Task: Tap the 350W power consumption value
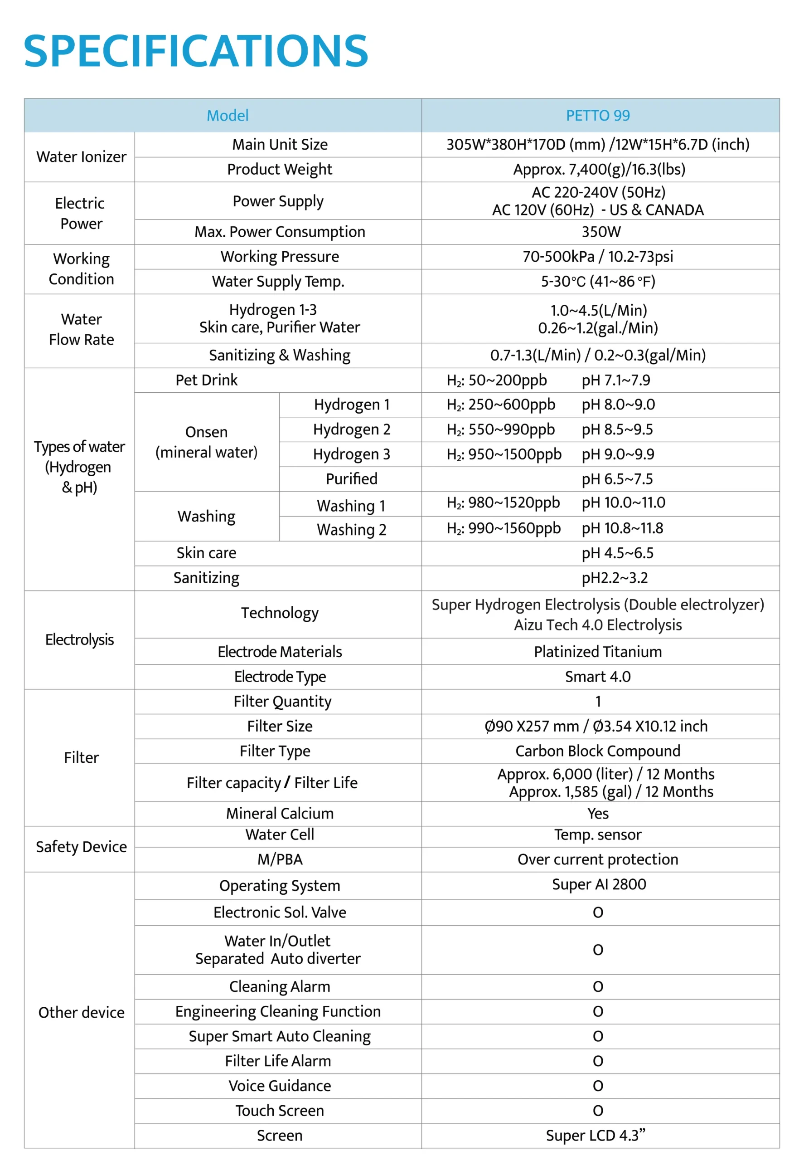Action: click(x=601, y=232)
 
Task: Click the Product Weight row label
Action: click(x=279, y=169)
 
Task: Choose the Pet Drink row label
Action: click(x=206, y=380)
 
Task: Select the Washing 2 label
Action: click(x=351, y=529)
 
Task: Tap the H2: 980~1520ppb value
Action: click(x=503, y=503)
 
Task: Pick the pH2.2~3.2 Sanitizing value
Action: click(x=615, y=578)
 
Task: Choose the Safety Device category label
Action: click(x=81, y=847)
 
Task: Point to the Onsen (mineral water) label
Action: click(x=206, y=442)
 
